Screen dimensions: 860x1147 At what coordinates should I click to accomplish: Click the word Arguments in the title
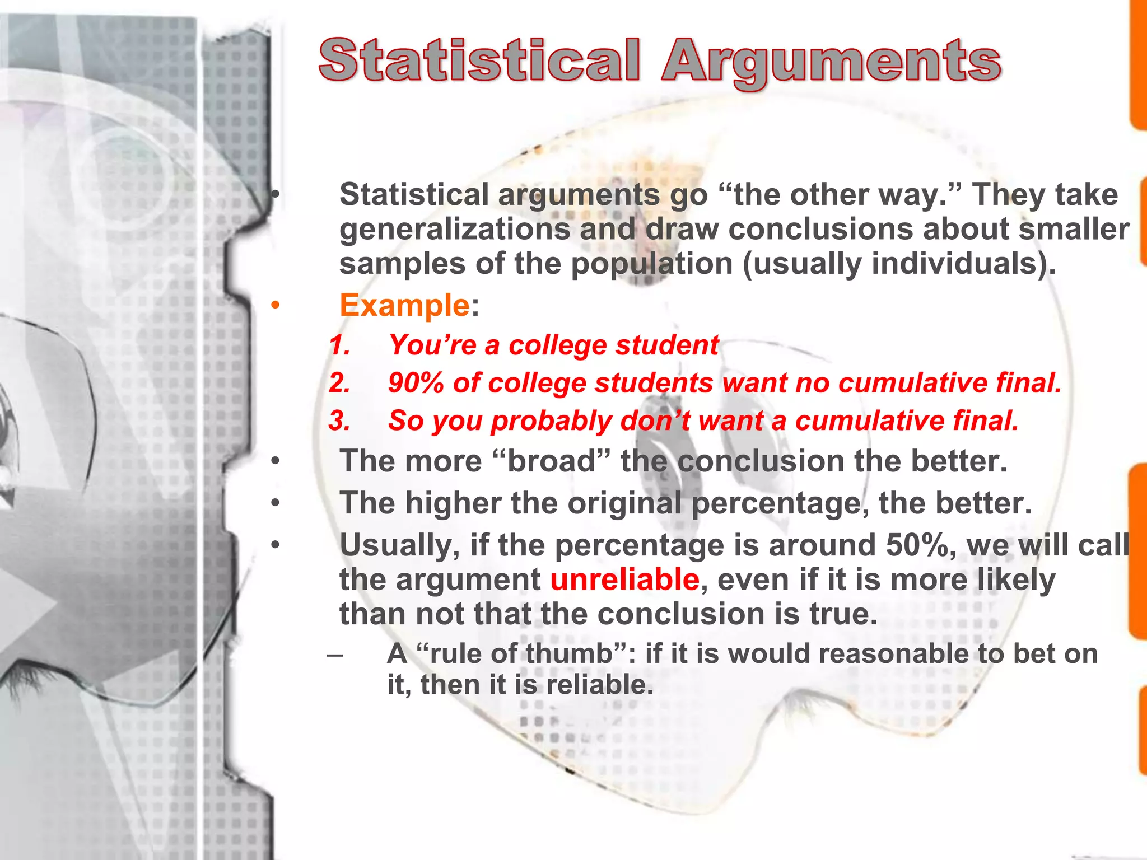point(831,63)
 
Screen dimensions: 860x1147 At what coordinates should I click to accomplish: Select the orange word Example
point(404,305)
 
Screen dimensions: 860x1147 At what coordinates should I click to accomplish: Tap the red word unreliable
point(624,579)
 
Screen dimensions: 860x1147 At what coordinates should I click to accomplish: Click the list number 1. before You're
point(339,345)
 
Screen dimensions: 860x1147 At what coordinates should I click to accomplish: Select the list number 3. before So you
point(339,420)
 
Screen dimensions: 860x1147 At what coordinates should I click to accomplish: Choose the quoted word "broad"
point(552,461)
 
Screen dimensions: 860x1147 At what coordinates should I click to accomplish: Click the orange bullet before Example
point(274,306)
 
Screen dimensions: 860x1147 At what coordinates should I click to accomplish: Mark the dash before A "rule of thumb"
point(335,654)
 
